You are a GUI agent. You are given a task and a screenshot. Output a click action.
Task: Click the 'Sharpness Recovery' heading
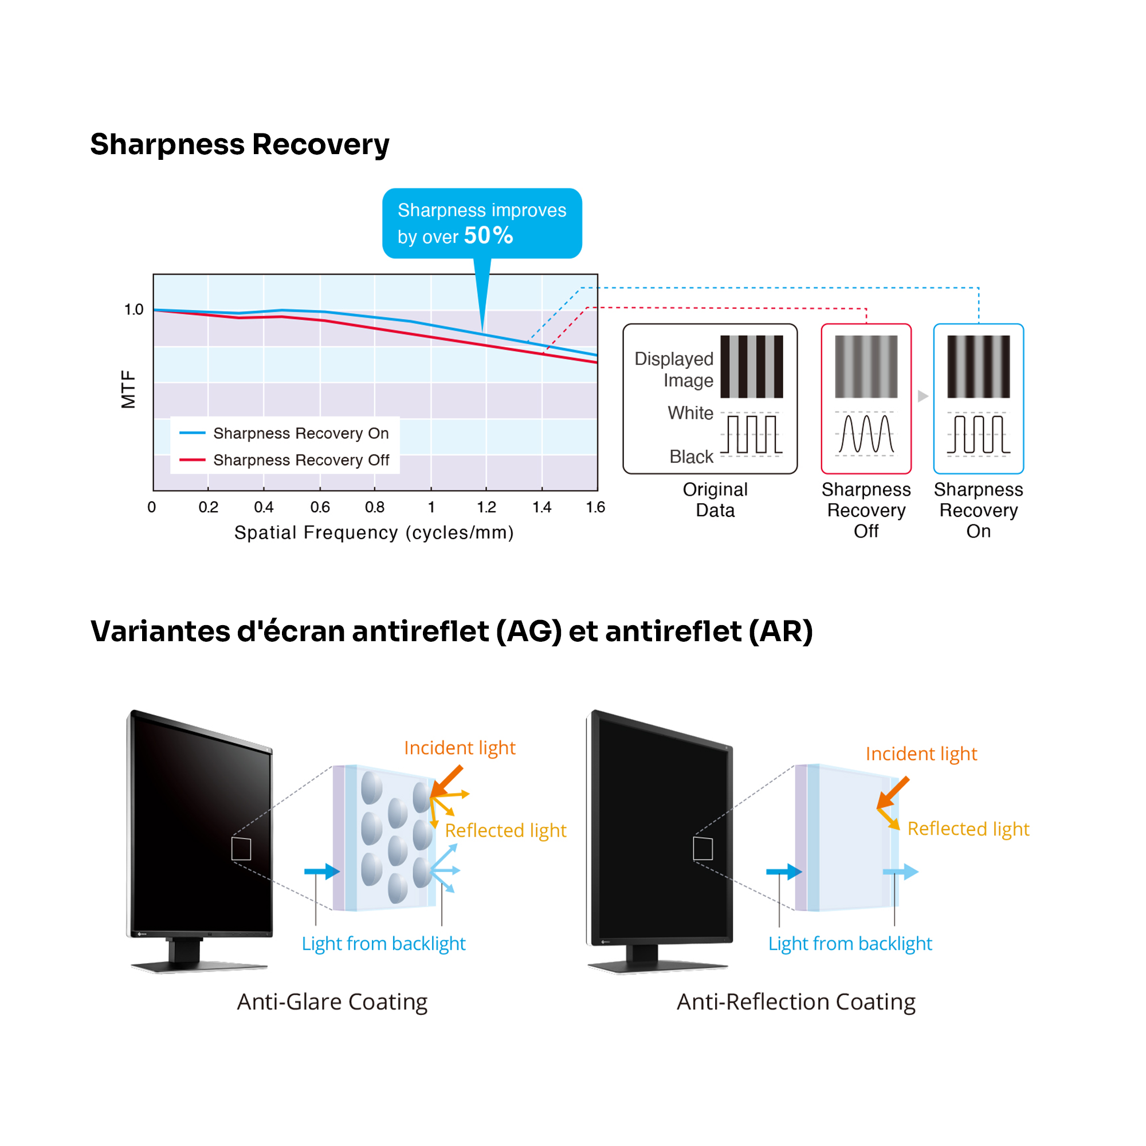click(x=240, y=145)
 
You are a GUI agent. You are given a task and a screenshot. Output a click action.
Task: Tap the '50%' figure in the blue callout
click(x=488, y=236)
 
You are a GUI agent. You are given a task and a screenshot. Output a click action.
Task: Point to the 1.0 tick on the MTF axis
click(x=134, y=309)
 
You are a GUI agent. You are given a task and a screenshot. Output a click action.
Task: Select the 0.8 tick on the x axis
click(x=374, y=507)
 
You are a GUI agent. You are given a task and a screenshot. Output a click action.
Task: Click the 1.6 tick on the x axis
click(x=595, y=507)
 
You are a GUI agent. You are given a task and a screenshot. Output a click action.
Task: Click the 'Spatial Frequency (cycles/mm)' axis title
click(x=374, y=533)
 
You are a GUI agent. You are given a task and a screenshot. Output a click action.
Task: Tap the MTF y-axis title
click(x=128, y=389)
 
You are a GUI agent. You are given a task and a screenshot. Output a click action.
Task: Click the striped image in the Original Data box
click(x=752, y=367)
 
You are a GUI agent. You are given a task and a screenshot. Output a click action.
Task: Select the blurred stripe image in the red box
click(x=866, y=367)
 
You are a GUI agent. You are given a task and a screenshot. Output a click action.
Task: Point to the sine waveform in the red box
click(x=866, y=434)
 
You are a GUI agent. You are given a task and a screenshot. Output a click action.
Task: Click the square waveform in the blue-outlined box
click(x=978, y=434)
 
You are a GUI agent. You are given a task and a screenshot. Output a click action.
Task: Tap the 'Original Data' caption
click(x=715, y=500)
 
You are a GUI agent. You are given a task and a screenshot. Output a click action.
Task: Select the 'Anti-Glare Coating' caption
click(x=332, y=1002)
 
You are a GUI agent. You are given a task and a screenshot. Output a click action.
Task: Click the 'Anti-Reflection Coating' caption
click(x=796, y=1002)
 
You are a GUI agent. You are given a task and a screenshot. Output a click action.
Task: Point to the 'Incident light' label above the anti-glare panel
click(x=460, y=748)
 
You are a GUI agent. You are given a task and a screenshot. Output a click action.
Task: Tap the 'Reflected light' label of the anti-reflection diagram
click(x=968, y=829)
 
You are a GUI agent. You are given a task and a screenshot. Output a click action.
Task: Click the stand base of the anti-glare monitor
click(x=200, y=966)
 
